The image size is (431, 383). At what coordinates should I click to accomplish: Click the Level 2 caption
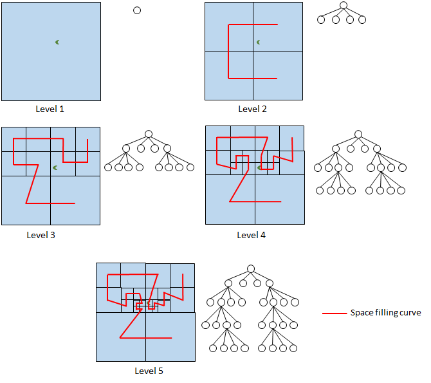tap(252, 109)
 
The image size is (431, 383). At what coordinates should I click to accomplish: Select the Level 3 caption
tap(41, 235)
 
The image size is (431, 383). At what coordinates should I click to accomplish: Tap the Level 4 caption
tap(252, 235)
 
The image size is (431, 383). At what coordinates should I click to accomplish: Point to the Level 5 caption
tap(149, 371)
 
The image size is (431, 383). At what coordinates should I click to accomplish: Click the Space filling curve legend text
tap(385, 313)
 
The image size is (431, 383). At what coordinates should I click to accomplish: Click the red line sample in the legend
tap(334, 313)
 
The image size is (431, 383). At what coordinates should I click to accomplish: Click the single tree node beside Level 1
tap(136, 10)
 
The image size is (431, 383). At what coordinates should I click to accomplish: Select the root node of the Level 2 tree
tap(344, 6)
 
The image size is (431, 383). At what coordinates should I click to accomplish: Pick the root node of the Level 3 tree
tap(149, 134)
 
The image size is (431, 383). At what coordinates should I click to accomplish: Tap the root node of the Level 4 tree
tap(358, 134)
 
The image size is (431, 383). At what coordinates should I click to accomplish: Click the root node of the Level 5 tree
tap(251, 268)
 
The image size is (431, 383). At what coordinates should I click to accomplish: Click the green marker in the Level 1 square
tap(57, 42)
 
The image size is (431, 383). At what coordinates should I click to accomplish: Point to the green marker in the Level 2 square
tap(259, 42)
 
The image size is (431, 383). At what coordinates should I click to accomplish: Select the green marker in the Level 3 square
tap(55, 168)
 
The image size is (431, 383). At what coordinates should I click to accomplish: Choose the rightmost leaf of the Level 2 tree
tap(362, 20)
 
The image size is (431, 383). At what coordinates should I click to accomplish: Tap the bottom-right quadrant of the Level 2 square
tap(277, 75)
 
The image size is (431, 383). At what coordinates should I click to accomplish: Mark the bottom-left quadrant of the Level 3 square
tap(26, 200)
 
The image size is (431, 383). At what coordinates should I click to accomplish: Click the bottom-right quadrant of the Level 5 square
tap(170, 337)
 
